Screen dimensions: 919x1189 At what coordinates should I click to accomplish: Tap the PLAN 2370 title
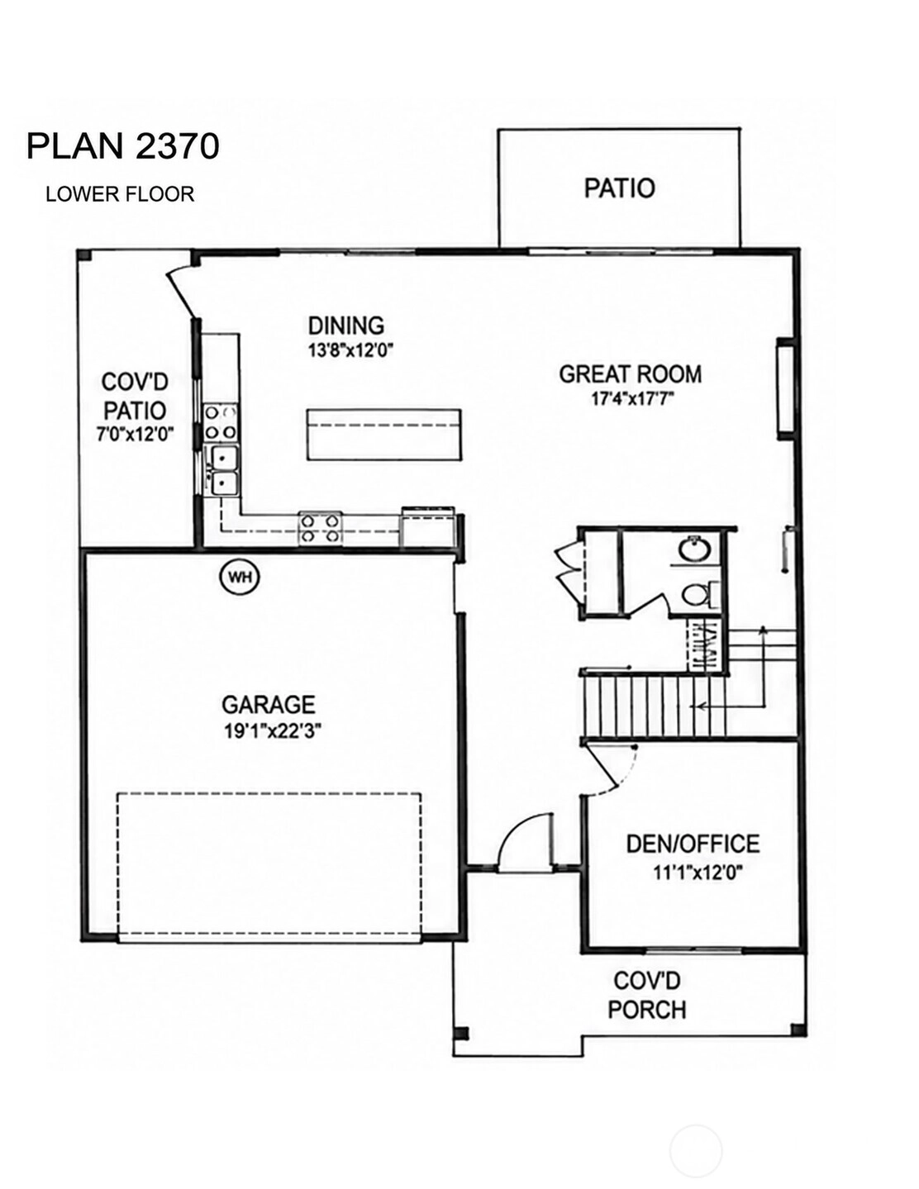(x=123, y=146)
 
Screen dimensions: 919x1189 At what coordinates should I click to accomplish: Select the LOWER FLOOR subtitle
(x=120, y=194)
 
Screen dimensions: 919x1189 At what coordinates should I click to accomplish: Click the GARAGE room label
(x=268, y=705)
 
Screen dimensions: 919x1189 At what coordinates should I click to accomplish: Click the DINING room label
(x=346, y=326)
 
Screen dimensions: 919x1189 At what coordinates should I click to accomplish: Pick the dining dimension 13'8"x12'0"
(x=350, y=350)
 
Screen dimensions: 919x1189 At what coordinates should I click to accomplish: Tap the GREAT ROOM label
(x=631, y=374)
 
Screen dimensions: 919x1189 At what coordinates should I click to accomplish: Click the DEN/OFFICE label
(x=693, y=844)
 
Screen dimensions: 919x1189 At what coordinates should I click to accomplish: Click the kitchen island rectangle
(x=383, y=435)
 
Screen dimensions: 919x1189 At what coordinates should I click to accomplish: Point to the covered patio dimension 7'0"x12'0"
(x=135, y=435)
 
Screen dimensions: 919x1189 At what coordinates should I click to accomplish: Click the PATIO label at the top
(x=619, y=188)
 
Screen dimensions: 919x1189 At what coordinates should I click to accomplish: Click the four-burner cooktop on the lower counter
(x=320, y=528)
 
